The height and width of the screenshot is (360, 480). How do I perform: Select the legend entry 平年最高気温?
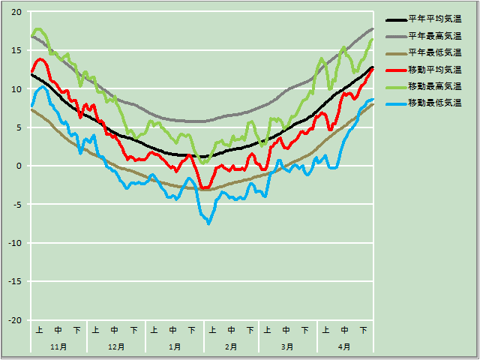click(x=434, y=36)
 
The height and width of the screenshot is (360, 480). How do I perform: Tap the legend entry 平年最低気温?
click(x=434, y=52)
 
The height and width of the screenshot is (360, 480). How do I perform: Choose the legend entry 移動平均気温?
click(x=434, y=69)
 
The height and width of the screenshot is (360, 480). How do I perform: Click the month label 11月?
click(x=58, y=347)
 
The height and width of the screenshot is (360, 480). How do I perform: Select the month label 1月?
click(x=174, y=347)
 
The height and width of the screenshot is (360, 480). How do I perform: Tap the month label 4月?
click(x=344, y=347)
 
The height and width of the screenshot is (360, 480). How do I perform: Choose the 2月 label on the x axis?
click(x=231, y=347)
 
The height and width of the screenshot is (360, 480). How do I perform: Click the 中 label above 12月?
click(x=115, y=330)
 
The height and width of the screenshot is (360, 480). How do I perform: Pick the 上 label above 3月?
click(x=268, y=330)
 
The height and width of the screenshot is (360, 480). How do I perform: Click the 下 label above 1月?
click(x=192, y=330)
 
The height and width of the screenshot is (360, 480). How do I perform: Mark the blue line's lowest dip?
click(x=208, y=223)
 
